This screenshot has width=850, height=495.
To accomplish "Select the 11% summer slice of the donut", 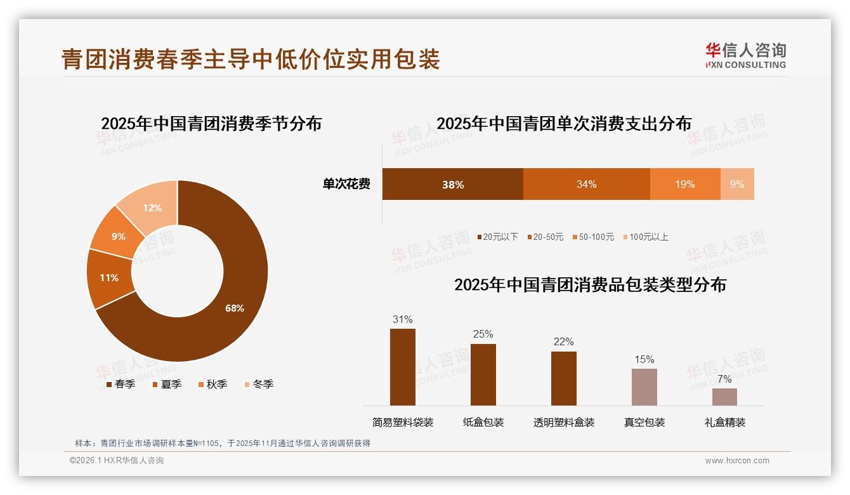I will click(x=109, y=278).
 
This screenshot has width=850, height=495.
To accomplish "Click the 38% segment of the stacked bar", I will click(x=452, y=184).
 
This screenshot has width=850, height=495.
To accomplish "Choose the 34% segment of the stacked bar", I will click(x=586, y=184).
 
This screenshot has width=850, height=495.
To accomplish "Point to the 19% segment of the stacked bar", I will click(x=684, y=184).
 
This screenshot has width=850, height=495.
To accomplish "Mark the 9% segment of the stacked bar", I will click(x=737, y=184).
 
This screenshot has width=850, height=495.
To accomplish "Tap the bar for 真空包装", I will click(x=644, y=386).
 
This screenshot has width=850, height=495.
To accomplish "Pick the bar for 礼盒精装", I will click(x=724, y=397).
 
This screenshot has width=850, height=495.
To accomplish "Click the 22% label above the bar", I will click(x=563, y=342).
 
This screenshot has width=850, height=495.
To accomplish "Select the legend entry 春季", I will click(x=120, y=384).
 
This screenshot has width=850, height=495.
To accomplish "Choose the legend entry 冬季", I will click(x=258, y=384).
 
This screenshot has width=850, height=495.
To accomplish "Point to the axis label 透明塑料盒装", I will click(x=564, y=422).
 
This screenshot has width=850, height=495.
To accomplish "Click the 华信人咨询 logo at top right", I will click(x=745, y=55).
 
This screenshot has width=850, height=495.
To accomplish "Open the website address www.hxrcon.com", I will click(x=736, y=461).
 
